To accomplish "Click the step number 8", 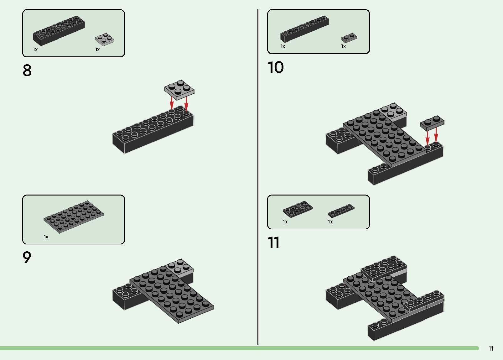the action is click(27, 70).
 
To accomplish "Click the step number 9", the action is click(27, 257).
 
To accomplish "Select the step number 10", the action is click(276, 67).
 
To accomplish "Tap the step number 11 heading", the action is click(273, 243).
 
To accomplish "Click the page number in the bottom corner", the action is click(491, 348).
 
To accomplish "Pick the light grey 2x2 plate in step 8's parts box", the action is click(104, 39).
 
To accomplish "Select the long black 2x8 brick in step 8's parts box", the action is click(59, 31).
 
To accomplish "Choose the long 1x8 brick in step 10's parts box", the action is click(304, 29).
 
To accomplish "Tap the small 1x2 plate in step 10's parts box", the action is click(349, 38).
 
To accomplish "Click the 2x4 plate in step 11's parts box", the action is click(298, 209).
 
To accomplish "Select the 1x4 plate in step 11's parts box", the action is click(341, 211).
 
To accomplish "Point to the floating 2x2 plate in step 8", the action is click(179, 90).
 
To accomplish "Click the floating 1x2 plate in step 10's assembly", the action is click(432, 123).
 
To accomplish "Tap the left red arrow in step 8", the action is click(172, 103).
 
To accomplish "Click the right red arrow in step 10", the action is click(436, 135).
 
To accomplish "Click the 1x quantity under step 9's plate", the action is click(46, 237).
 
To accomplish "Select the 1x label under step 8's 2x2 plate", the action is click(97, 50).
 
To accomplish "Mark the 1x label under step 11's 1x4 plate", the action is click(330, 222).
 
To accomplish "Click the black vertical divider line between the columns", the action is click(258, 177).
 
